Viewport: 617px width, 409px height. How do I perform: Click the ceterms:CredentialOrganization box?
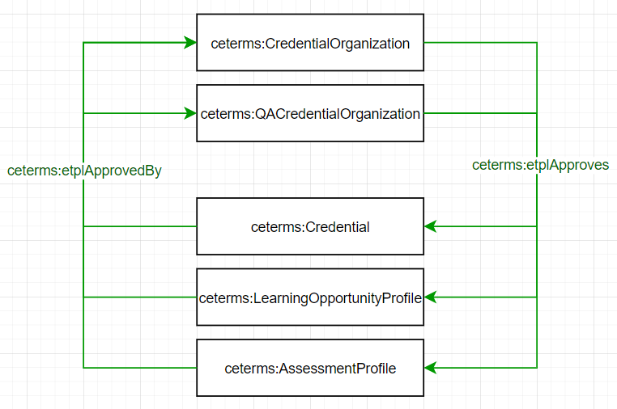[310, 44]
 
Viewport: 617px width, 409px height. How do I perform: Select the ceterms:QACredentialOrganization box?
[310, 114]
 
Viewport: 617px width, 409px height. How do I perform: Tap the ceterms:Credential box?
[310, 227]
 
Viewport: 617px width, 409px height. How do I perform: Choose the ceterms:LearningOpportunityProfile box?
[310, 297]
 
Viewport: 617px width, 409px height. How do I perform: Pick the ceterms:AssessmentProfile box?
[310, 369]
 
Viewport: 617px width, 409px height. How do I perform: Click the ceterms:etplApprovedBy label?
[84, 171]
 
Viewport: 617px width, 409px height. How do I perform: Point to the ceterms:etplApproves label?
[540, 165]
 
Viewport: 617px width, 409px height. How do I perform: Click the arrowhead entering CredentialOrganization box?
[190, 43]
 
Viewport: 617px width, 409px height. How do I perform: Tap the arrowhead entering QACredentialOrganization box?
[190, 114]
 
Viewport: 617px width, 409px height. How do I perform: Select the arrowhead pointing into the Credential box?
[430, 227]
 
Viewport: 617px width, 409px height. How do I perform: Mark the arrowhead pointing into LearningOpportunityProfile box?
[430, 297]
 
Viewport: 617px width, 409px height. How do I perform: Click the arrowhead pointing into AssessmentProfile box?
[430, 369]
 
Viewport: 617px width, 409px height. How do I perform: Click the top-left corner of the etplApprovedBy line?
[83, 43]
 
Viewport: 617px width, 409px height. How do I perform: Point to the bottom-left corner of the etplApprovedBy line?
[83, 369]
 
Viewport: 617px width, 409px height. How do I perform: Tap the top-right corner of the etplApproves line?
[537, 43]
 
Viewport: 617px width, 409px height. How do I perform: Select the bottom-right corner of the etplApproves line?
[537, 369]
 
